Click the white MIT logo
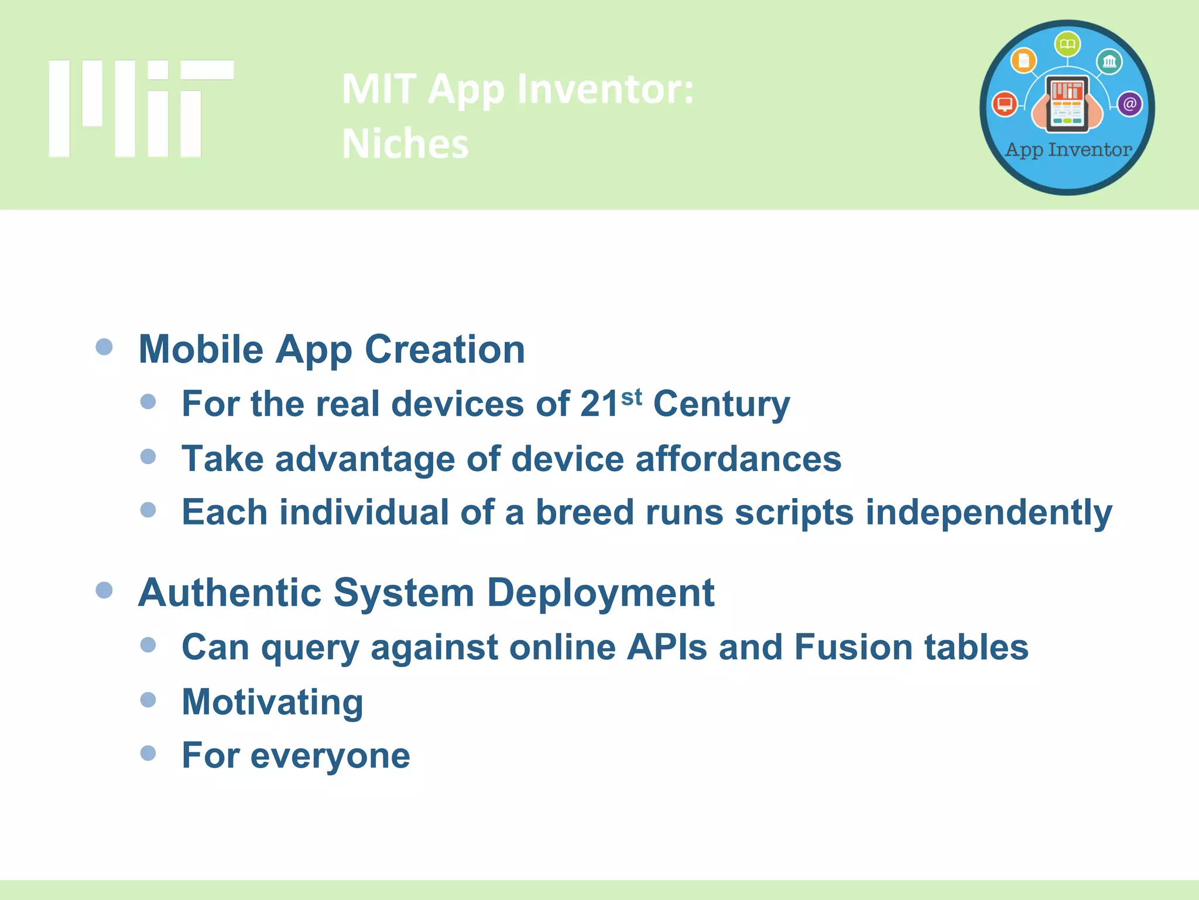pos(141,108)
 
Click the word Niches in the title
pos(405,144)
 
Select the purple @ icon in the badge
pos(1129,104)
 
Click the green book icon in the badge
pos(1067,45)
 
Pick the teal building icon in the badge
pos(1109,62)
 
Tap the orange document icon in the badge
pos(1024,60)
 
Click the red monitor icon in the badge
pos(1005,104)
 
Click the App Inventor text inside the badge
pos(1068,150)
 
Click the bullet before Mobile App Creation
pos(104,347)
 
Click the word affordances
pos(738,459)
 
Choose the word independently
pos(988,513)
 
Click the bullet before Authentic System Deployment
pos(104,590)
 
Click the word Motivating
pos(272,703)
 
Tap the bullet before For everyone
pos(148,753)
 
